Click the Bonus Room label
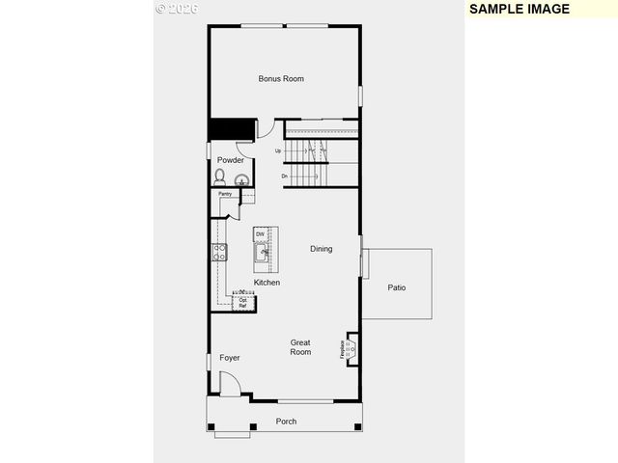(x=281, y=78)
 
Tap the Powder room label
(x=230, y=160)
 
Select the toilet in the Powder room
(x=220, y=177)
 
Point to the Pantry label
(x=224, y=194)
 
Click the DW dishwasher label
(x=260, y=234)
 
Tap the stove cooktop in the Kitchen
(x=219, y=253)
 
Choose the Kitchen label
(x=267, y=283)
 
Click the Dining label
(x=321, y=249)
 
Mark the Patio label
(x=397, y=287)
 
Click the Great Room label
(x=300, y=347)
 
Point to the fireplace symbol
(x=350, y=349)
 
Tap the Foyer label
(x=229, y=358)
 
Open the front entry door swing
(x=230, y=383)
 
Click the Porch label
(x=286, y=422)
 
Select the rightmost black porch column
(x=358, y=426)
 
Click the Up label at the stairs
(x=278, y=151)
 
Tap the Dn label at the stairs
(x=285, y=177)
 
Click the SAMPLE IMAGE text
(x=519, y=9)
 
